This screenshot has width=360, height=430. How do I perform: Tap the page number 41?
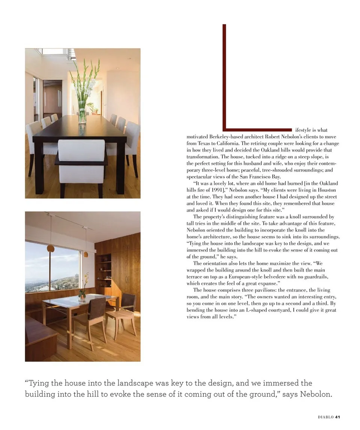337,417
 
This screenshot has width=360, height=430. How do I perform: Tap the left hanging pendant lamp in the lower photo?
51,248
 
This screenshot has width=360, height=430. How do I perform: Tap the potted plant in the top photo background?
91,108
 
